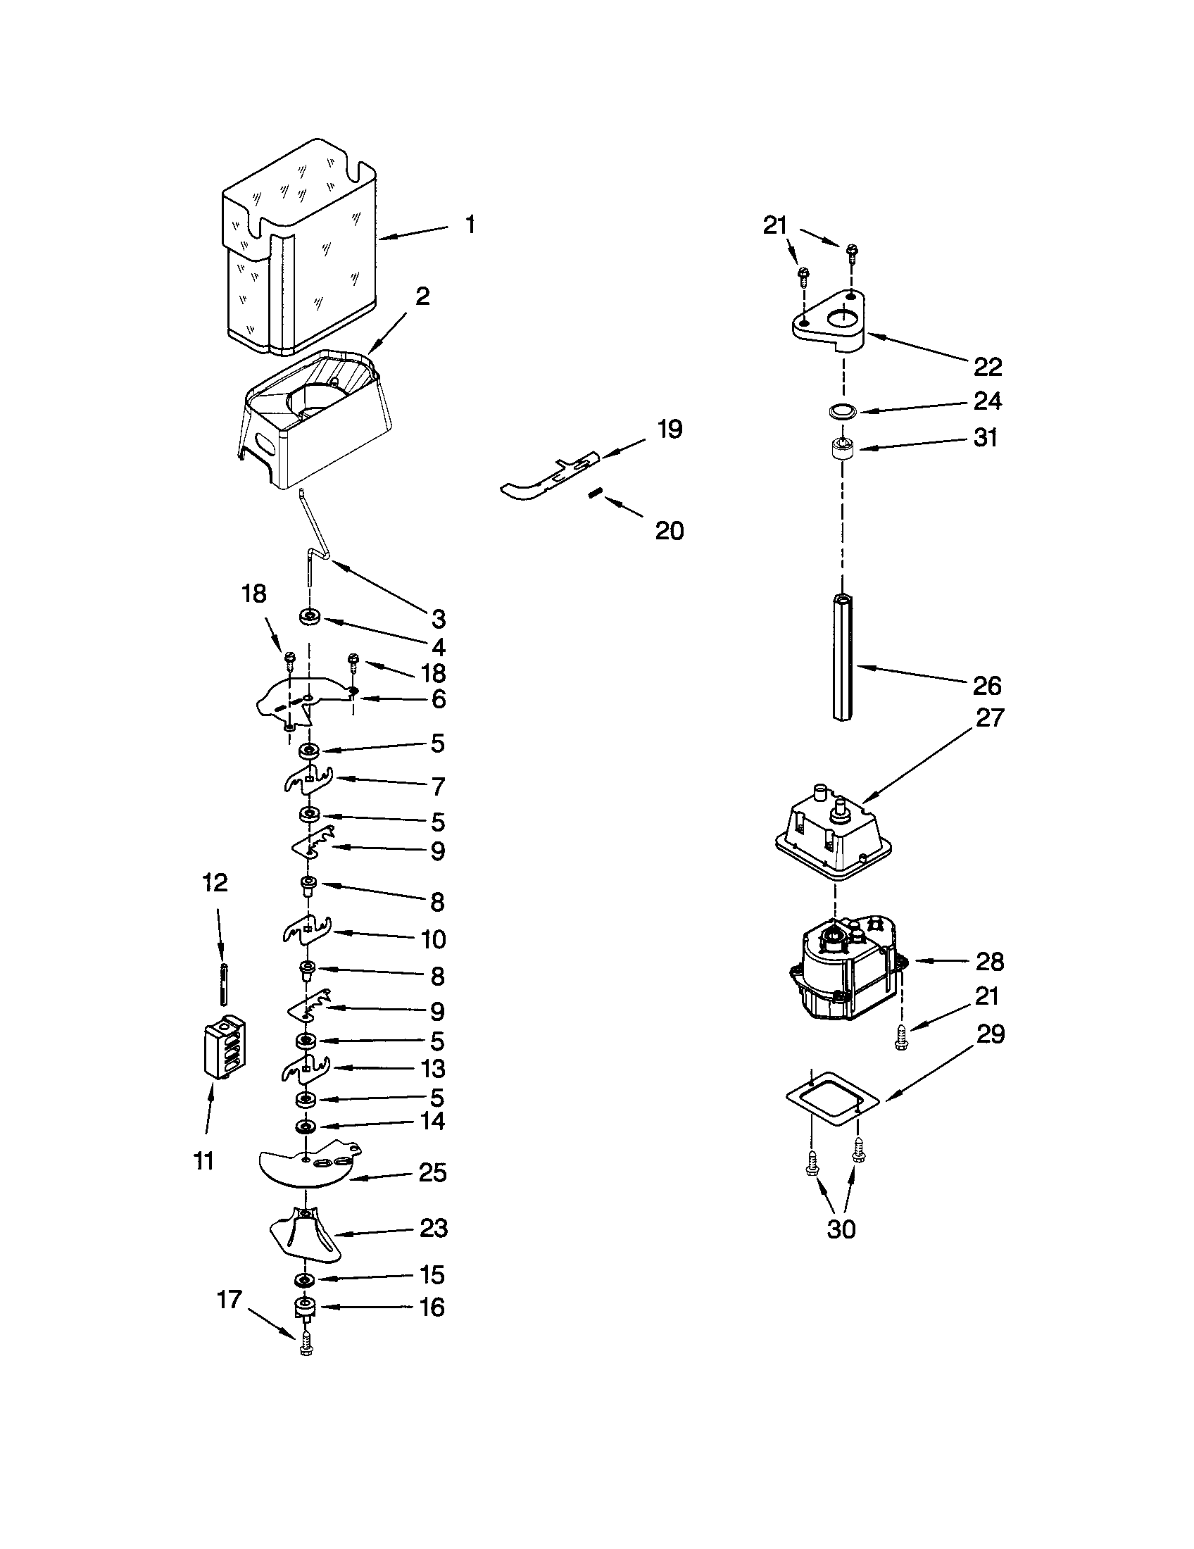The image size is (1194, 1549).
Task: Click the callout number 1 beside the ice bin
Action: (x=470, y=225)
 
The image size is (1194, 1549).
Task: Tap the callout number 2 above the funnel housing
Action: (x=422, y=296)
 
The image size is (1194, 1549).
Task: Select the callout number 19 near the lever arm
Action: (x=669, y=429)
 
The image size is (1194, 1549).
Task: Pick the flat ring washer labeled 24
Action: (x=841, y=411)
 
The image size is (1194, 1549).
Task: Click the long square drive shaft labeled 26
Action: (x=842, y=656)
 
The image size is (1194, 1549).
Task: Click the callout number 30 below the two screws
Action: (x=841, y=1229)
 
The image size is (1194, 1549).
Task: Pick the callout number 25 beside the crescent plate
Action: (x=432, y=1172)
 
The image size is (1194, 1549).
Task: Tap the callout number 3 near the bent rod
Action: (x=439, y=618)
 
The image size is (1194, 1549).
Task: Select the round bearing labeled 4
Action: (x=310, y=617)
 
